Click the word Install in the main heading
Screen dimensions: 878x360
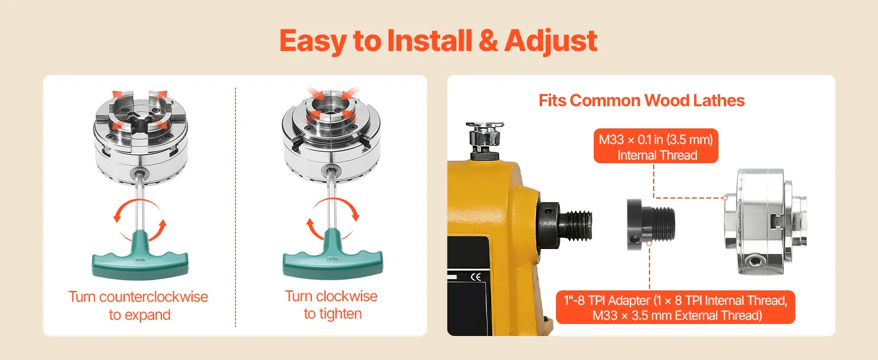429,40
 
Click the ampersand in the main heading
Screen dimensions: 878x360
488,41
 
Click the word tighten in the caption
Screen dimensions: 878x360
340,314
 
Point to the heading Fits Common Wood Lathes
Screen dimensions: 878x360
641,100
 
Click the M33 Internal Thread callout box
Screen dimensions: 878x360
656,146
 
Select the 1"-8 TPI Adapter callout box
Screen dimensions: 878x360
675,307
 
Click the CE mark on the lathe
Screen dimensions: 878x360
476,277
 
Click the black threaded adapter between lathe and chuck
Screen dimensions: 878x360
651,224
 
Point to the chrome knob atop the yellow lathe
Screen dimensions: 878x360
485,135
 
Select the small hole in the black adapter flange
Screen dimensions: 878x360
632,239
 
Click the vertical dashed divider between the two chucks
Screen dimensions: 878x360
235,207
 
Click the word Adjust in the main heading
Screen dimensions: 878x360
551,41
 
